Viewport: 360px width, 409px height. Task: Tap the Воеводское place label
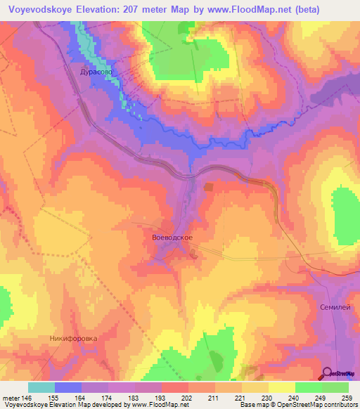click(x=172, y=238)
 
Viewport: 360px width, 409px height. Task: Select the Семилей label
click(x=335, y=308)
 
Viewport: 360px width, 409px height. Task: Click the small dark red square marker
click(x=209, y=187)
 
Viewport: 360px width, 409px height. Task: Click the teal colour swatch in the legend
click(x=41, y=387)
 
